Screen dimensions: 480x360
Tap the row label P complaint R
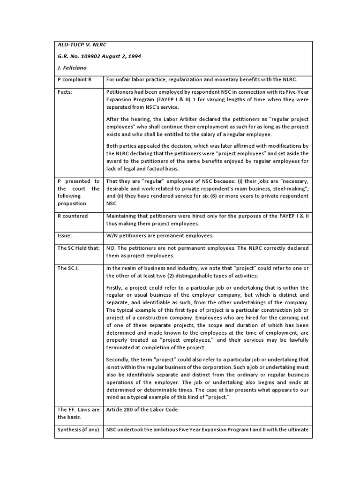click(x=74, y=79)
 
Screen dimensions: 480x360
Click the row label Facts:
click(x=66, y=92)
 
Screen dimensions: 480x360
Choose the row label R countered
click(x=73, y=216)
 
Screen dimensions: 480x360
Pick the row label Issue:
click(x=65, y=236)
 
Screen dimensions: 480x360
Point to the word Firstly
click(x=115, y=287)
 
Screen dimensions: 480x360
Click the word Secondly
click(x=120, y=359)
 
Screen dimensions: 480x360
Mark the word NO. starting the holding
click(x=111, y=248)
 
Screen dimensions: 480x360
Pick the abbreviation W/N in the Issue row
click(x=112, y=236)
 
